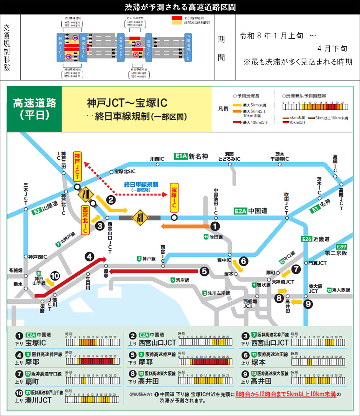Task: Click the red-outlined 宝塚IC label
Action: tap(175, 196)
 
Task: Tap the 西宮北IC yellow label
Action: tap(85, 219)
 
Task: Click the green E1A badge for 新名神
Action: tap(180, 156)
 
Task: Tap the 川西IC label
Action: tap(157, 158)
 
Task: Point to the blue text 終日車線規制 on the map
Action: tap(141, 184)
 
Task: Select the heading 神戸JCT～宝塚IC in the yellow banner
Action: tap(127, 103)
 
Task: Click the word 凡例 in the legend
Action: tap(224, 109)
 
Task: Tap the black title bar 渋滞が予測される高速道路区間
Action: tap(180, 7)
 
